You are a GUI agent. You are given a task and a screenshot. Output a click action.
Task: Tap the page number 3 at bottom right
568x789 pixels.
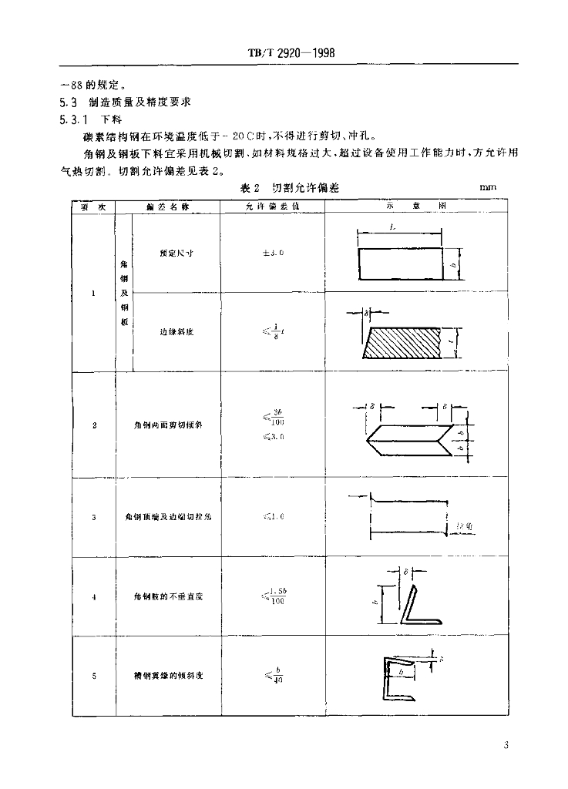point(505,745)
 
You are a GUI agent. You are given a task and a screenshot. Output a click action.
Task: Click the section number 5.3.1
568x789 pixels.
point(74,119)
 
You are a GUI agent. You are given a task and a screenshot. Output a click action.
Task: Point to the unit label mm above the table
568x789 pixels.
point(488,187)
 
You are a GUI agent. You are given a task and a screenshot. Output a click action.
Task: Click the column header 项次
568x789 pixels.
point(93,206)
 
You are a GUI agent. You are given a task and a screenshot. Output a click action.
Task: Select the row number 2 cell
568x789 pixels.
point(93,425)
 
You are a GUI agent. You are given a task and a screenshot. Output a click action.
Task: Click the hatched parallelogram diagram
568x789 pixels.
point(404,343)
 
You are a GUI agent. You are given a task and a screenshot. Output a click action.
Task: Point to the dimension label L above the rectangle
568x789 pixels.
point(394,228)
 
